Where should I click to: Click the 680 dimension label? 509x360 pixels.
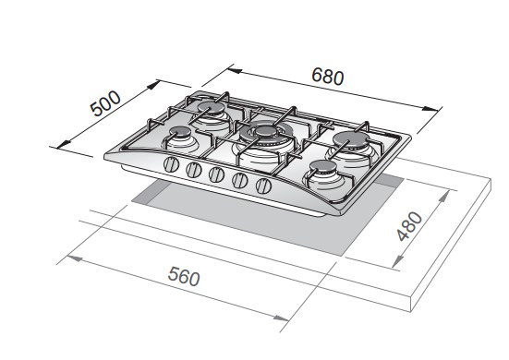[327, 77]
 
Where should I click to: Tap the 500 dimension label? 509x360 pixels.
[105, 103]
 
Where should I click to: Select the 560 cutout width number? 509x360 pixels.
[184, 276]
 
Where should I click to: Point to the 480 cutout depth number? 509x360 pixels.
[410, 226]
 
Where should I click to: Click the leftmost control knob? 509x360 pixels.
[171, 164]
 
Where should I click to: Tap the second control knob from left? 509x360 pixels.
[194, 170]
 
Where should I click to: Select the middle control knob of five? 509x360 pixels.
[216, 174]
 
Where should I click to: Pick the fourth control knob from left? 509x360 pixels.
[240, 180]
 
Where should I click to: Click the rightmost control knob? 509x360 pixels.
[263, 186]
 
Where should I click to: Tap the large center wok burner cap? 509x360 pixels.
[266, 131]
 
